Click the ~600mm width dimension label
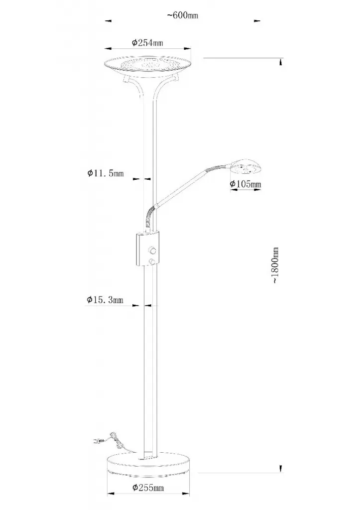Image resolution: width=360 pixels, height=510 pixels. pos(183,15)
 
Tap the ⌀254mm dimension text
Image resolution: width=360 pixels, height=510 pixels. pos(147,43)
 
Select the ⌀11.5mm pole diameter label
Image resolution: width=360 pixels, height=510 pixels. pos(106,173)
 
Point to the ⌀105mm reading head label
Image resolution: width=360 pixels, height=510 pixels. pos(245,184)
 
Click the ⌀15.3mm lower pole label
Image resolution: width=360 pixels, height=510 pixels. pos(105,300)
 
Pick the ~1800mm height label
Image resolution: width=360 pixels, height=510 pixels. pos(276,265)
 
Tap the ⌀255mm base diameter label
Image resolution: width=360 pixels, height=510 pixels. pos(148,488)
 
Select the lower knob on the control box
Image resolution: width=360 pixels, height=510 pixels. pos(152,261)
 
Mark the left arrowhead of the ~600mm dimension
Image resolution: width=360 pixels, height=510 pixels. pos(108,21)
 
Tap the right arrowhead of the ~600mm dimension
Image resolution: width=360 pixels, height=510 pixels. pos(257,21)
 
